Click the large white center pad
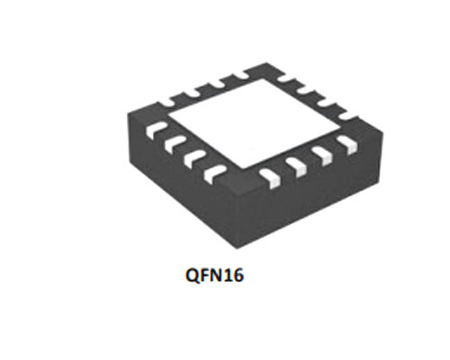pos(255,123)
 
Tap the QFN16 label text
pos(214,275)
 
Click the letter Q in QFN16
pos(193,275)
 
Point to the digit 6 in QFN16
pos(237,275)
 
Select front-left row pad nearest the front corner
pos(214,174)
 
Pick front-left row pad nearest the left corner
pos(156,130)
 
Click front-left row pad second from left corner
pos(175,145)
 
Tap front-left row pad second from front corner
pos(195,159)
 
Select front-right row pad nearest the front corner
pos(270,178)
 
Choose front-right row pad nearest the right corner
pos(347,145)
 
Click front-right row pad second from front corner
pos(296,167)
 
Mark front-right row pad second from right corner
pos(322,156)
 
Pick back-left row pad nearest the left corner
pos(168,102)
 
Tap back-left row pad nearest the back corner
pos(241,75)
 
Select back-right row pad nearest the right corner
pos(348,117)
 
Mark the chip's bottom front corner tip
pos(237,249)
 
